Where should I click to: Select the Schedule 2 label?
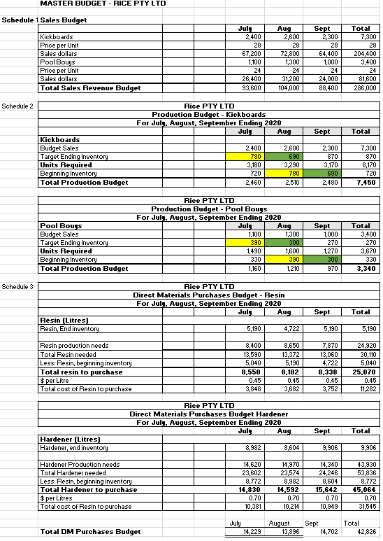point(18,106)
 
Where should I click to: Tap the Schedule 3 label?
point(18,287)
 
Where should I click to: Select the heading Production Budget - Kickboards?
point(208,114)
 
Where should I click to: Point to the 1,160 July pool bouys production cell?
point(252,269)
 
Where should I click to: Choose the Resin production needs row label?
point(74,346)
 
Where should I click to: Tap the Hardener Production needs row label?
point(80,465)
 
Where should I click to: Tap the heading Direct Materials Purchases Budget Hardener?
point(208,414)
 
